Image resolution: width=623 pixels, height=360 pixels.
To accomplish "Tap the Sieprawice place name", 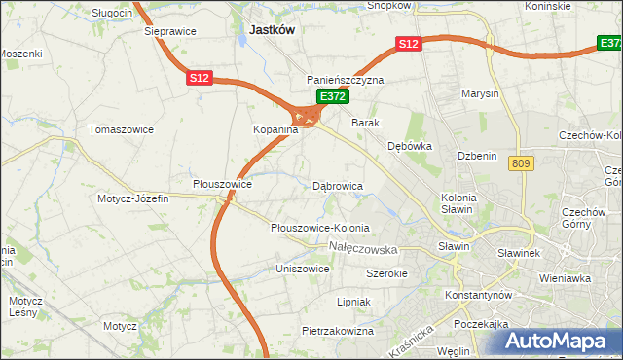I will tap(170, 31).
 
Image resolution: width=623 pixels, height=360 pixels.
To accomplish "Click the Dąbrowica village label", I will tap(338, 185).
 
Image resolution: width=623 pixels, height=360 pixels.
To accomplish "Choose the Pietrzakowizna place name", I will tap(338, 331).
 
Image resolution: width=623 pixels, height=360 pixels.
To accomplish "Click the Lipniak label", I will tap(353, 302).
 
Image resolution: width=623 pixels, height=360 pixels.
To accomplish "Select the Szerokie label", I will tap(386, 273).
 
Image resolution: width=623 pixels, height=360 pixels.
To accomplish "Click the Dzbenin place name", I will tap(478, 156).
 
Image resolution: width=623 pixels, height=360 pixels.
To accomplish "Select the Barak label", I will tap(365, 123).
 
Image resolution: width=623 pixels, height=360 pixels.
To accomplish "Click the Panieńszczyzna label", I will tap(346, 80).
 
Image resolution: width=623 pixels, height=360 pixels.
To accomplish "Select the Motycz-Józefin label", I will tap(132, 198).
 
